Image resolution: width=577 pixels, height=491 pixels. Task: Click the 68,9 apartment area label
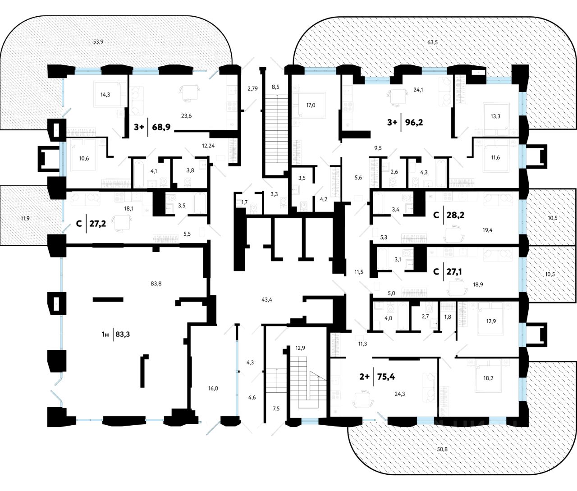coord(161,127)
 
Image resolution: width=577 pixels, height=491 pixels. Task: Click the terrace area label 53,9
coord(98,41)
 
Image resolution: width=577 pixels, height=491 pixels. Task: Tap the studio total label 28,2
coord(456,215)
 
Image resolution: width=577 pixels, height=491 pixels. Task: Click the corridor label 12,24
coord(208,145)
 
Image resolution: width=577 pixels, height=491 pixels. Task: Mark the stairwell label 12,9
coord(300,348)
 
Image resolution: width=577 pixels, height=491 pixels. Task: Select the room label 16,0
coord(213,388)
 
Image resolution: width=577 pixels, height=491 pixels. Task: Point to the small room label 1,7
coord(244,202)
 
